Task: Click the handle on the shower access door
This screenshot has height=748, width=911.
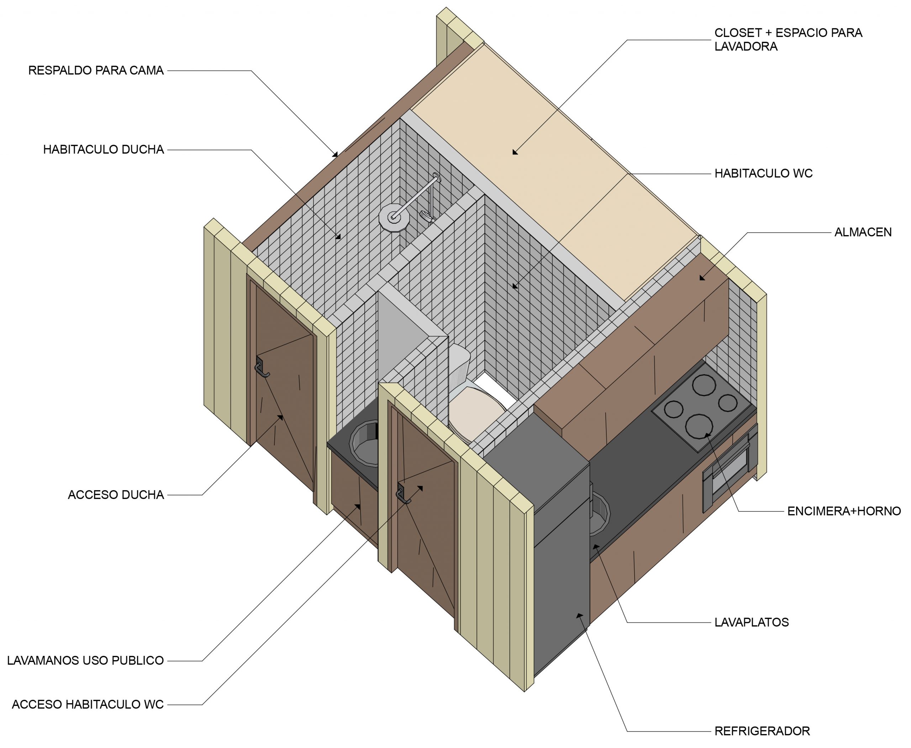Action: click(261, 367)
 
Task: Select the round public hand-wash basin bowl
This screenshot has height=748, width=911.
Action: click(364, 445)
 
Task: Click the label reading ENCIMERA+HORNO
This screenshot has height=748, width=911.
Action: click(844, 511)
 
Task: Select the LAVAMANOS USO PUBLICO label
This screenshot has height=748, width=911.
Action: click(85, 661)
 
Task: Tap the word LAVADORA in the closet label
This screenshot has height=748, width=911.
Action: click(746, 47)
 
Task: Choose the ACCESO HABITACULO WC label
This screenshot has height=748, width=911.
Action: click(88, 705)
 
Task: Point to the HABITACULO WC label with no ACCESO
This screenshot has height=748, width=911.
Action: click(764, 173)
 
